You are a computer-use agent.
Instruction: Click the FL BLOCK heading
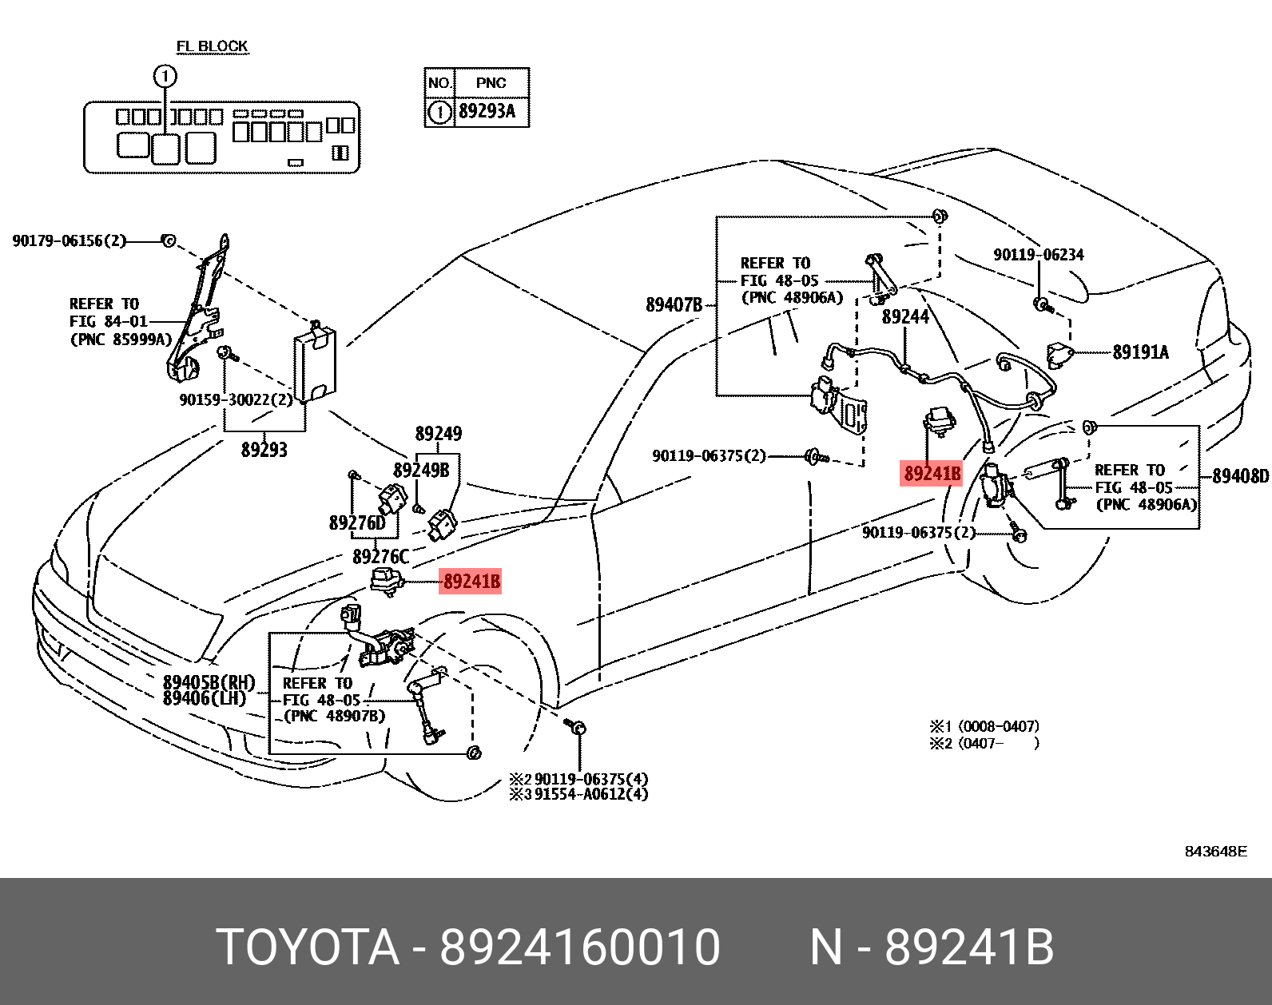pos(212,46)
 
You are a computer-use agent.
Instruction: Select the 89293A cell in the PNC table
pos(487,111)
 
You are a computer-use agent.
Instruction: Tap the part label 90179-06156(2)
pos(70,240)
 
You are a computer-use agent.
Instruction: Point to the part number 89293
pos(264,450)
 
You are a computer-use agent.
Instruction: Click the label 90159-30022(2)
pos(237,399)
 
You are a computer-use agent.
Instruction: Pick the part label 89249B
pos(421,471)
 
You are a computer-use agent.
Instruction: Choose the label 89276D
pos(357,523)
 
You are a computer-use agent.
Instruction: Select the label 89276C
pos(380,557)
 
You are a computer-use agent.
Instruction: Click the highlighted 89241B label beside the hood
pos(471,582)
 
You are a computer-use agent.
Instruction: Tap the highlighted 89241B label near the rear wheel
pos(932,474)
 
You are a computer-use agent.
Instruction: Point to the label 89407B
pos(674,304)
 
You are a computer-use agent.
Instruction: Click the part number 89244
pos(905,317)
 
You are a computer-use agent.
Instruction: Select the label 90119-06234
pos(1038,255)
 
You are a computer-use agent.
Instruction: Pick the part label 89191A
pos(1140,352)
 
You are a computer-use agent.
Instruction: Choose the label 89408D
pos(1240,476)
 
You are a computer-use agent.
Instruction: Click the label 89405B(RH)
pos(209,682)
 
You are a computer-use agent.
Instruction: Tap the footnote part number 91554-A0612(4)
pos(591,794)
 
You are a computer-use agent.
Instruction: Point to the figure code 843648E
pos(1215,852)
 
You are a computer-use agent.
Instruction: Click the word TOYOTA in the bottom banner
pos(308,947)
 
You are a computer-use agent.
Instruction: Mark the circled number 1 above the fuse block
pos(165,77)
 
